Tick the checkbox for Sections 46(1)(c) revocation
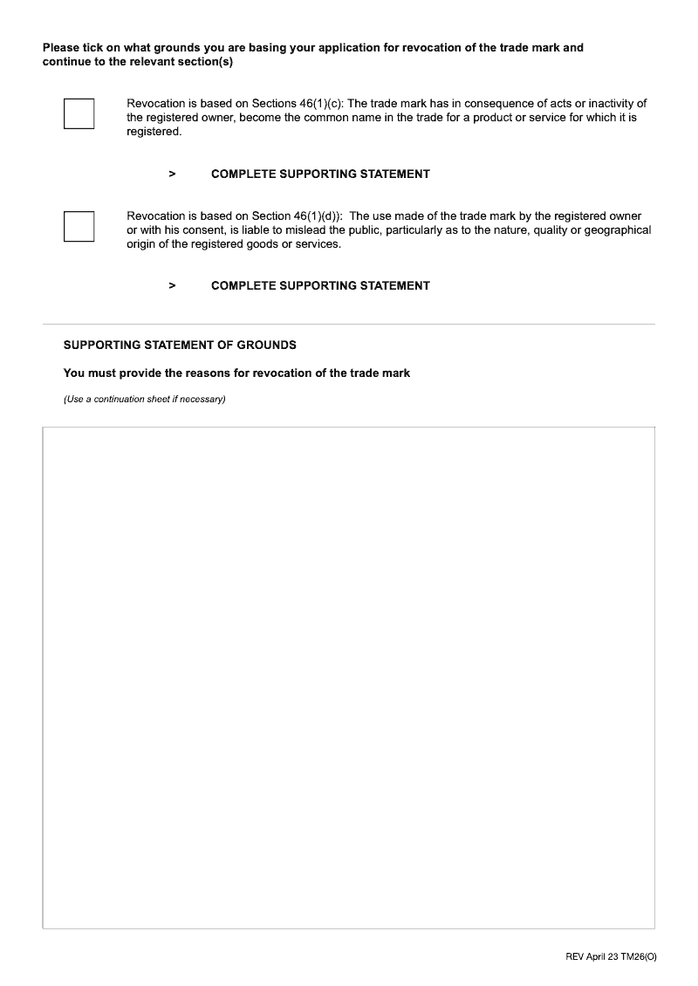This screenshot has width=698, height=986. [x=79, y=114]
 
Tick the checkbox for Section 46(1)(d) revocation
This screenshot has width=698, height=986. [x=79, y=226]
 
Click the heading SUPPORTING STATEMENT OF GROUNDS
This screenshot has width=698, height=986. [x=180, y=345]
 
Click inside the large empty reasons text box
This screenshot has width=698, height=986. [x=349, y=677]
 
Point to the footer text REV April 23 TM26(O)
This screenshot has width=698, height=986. [x=611, y=957]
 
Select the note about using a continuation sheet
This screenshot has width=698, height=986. [x=145, y=400]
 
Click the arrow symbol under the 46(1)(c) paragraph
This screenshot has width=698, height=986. [x=172, y=174]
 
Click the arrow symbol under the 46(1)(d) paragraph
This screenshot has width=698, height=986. [x=172, y=285]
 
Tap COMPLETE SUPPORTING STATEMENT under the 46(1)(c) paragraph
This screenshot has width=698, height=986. [x=320, y=174]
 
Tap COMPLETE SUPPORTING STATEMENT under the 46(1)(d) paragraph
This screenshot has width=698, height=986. [x=320, y=285]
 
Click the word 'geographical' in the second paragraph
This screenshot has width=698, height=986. [x=618, y=230]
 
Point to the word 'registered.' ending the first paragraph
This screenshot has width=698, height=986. [x=154, y=132]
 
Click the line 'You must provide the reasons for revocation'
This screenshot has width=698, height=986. [x=236, y=373]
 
